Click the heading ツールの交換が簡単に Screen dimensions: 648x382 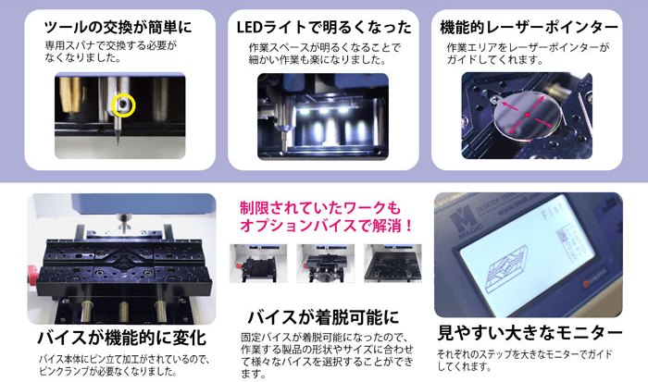click(x=118, y=27)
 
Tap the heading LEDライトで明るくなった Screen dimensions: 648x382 click(x=324, y=27)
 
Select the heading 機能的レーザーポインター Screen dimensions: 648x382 click(x=529, y=27)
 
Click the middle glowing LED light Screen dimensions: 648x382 click(x=324, y=111)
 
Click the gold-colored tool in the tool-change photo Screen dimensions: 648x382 click(x=70, y=94)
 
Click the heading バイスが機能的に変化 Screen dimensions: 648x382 click(x=121, y=338)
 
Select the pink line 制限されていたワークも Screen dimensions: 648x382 click(x=320, y=208)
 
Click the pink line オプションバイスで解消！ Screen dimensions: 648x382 click(x=326, y=226)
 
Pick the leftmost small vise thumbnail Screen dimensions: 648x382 click(x=258, y=263)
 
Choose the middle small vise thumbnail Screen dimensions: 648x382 click(x=325, y=263)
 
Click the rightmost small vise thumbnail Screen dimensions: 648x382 click(x=393, y=263)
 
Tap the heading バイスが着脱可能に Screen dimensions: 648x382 click(x=323, y=317)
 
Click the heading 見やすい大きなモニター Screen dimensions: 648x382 click(x=530, y=333)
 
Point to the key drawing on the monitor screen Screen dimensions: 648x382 click(x=506, y=270)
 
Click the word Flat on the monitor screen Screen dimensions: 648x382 click(x=553, y=214)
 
